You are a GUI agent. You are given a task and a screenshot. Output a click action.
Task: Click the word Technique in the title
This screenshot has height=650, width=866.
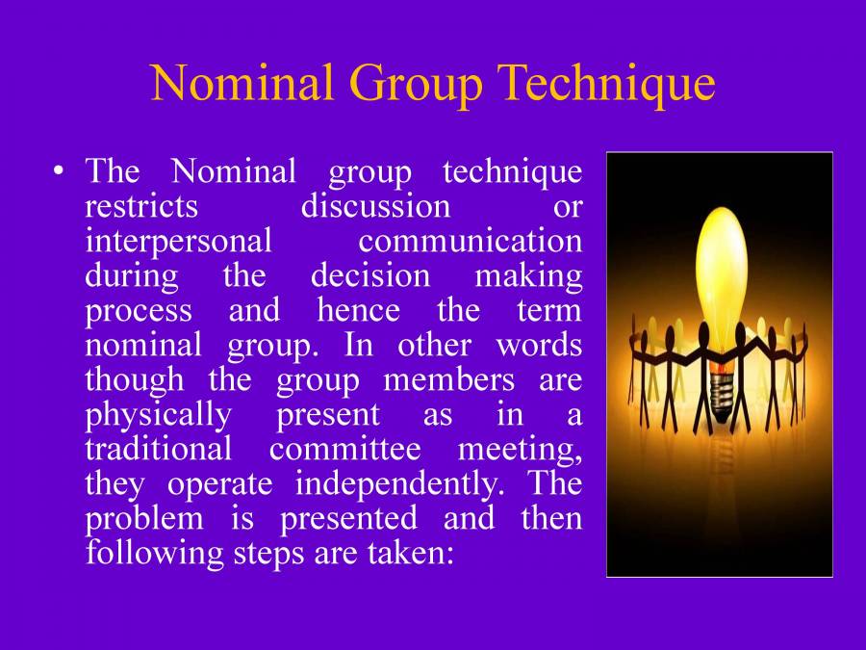point(606,83)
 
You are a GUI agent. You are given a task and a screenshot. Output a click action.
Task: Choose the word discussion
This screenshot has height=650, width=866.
point(375,207)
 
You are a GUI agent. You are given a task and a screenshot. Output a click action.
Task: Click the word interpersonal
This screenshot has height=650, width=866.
point(178,242)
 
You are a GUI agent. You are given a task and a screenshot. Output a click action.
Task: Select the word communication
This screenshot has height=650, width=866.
point(470,242)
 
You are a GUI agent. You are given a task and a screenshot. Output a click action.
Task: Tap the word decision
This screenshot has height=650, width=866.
point(369,276)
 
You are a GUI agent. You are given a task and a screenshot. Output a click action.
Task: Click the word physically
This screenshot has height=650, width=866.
point(159,415)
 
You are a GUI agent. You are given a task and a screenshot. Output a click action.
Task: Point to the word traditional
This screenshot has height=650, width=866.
point(159,450)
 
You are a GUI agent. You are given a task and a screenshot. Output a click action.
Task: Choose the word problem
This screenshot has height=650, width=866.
point(144,519)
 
